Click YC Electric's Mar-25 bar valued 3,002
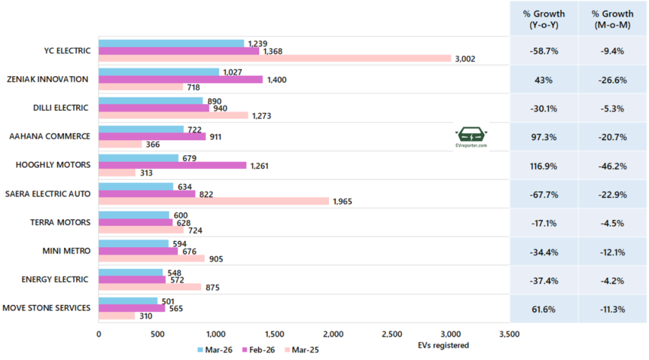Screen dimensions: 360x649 274,58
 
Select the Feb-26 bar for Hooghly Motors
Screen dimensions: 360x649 172,165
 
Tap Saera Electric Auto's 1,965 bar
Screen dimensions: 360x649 214,202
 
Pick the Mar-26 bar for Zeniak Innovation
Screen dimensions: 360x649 159,72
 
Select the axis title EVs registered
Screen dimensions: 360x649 443,345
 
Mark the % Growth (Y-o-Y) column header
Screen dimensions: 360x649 544,19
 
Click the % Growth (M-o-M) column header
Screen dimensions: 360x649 612,19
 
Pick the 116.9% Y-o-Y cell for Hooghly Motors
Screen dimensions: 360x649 544,165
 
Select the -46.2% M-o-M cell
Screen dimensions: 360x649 612,165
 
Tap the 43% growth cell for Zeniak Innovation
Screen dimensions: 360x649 544,79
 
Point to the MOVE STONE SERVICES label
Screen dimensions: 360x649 47,309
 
